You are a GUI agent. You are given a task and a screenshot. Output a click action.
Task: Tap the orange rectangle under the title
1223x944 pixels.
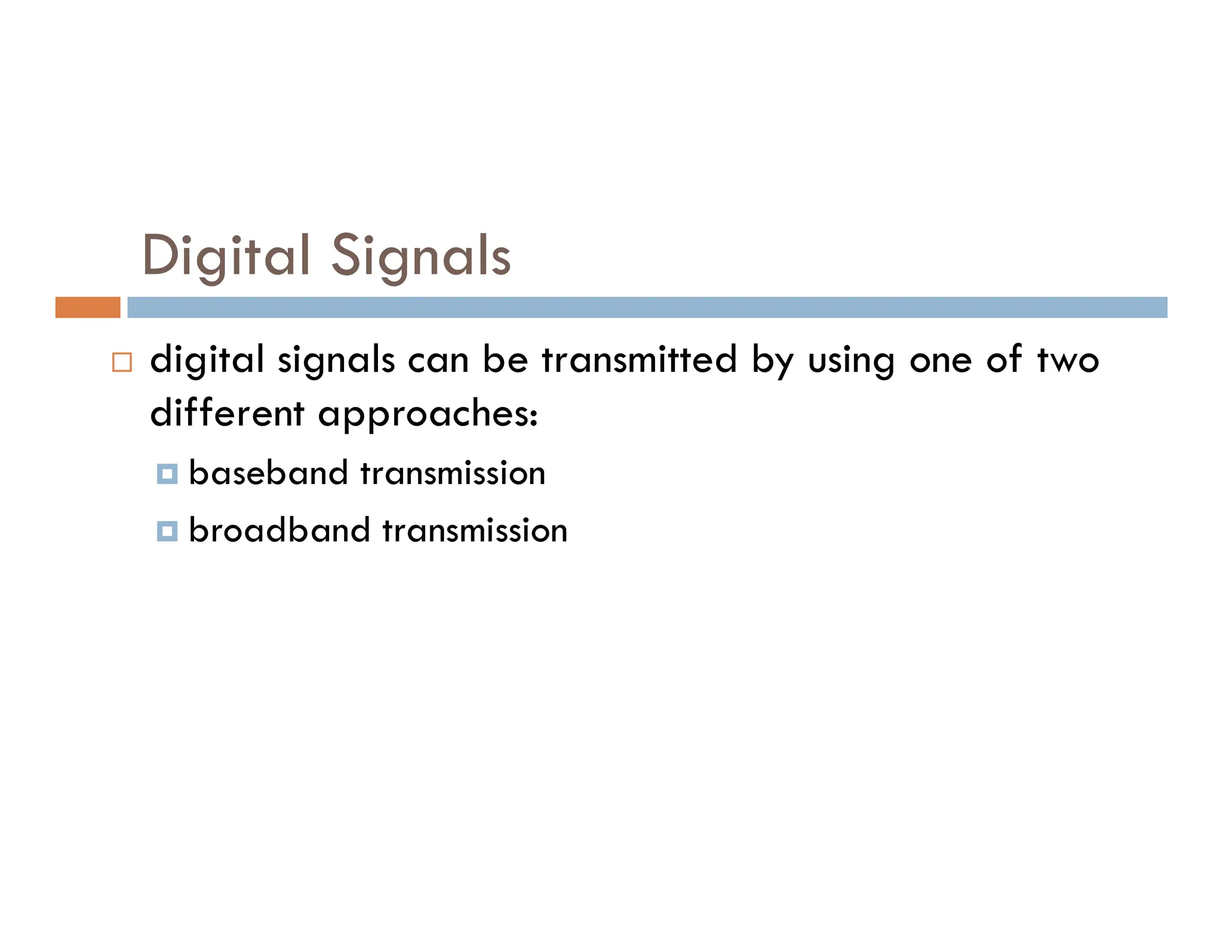point(88,307)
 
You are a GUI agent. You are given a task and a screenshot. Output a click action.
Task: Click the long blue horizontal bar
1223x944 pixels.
point(647,307)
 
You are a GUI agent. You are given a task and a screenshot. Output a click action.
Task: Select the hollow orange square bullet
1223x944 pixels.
point(122,362)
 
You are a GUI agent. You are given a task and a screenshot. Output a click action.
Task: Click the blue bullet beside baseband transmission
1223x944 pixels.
point(167,474)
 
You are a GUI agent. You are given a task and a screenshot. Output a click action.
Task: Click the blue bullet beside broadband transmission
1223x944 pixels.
point(167,531)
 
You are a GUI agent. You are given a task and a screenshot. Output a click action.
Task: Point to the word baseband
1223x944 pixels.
point(269,473)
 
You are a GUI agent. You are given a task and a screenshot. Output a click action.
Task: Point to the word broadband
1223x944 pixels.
point(279,530)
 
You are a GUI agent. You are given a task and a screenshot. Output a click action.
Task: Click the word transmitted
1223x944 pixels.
point(640,360)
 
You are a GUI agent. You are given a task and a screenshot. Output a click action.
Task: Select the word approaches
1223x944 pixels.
point(428,414)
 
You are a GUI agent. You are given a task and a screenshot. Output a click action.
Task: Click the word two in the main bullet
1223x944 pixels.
point(1068,360)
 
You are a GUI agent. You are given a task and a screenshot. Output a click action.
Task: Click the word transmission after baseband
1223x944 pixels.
point(453,473)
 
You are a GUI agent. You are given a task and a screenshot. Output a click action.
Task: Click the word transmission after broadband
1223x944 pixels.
point(475,530)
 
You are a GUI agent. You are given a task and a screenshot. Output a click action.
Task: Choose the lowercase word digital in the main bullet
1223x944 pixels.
point(207,360)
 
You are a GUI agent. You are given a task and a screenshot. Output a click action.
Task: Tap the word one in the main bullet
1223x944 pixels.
point(941,361)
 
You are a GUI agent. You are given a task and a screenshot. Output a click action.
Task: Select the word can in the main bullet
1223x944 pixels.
point(438,361)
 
